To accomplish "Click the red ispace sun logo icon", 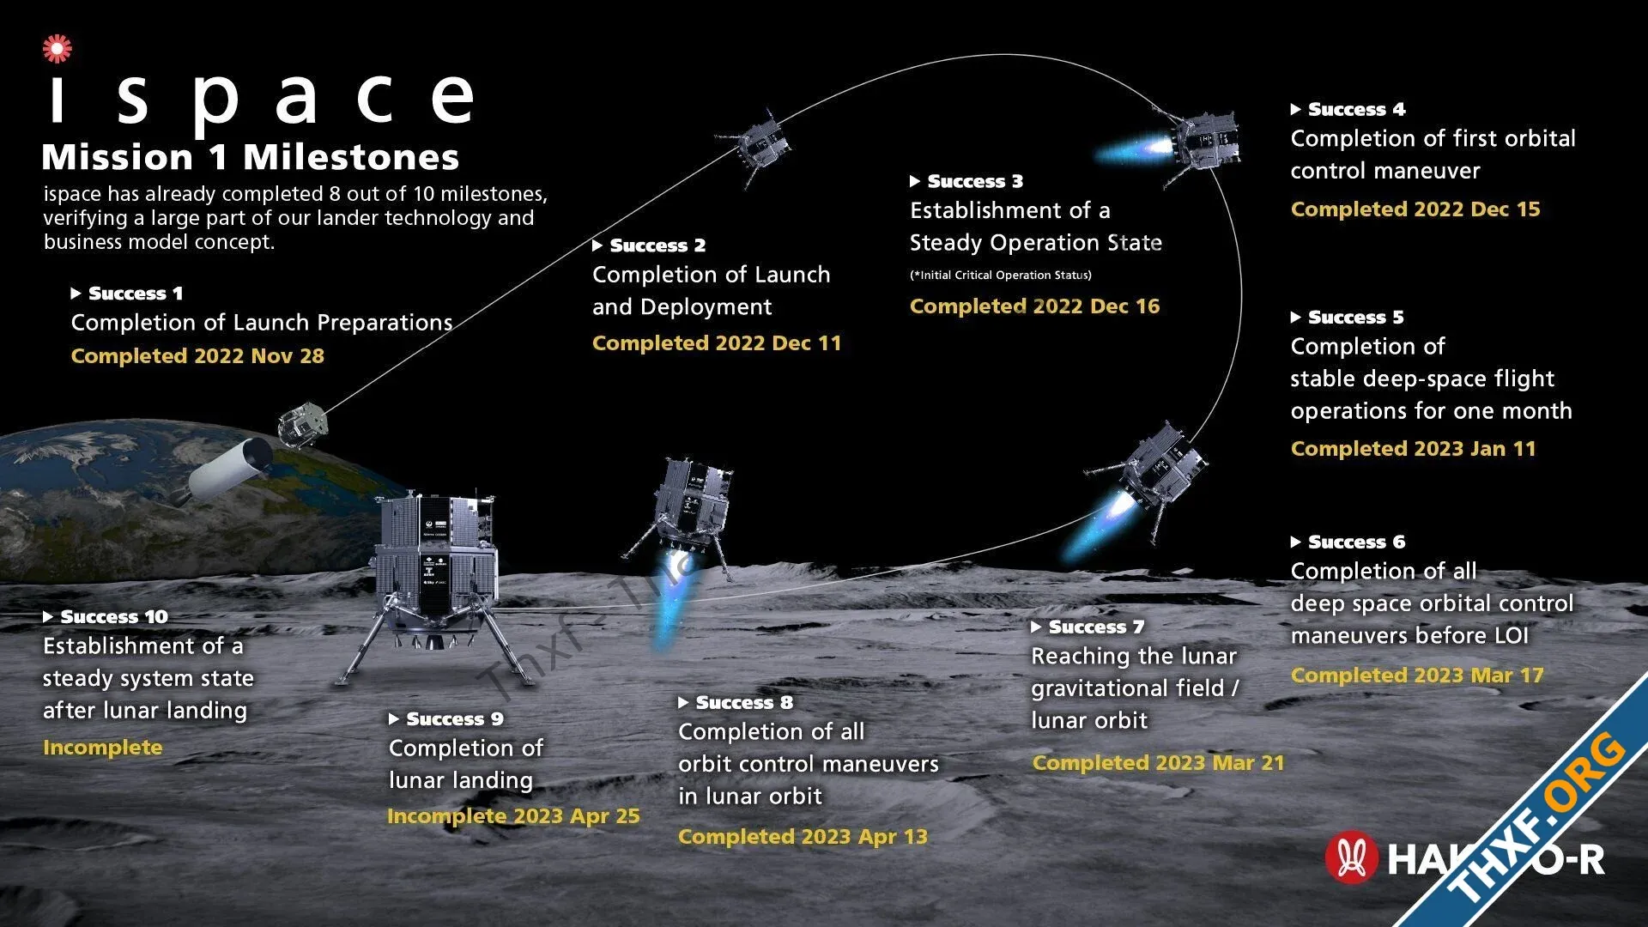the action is click(58, 48).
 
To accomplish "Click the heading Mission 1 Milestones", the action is click(251, 157).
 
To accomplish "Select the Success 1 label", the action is click(127, 294).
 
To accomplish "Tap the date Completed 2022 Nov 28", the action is click(197, 355).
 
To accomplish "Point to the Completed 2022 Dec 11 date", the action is click(717, 342).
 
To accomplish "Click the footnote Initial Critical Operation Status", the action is click(1001, 275).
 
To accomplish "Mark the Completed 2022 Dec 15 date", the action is click(1415, 209).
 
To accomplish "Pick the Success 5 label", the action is click(1348, 317).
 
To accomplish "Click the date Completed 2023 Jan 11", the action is click(1414, 448).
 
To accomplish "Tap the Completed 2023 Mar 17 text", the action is click(1417, 675).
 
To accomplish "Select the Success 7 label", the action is click(1088, 627).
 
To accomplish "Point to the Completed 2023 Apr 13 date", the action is click(803, 836).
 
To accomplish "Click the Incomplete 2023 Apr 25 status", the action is click(513, 815).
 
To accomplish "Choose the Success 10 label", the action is click(106, 616).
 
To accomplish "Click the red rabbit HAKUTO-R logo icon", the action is click(1352, 857).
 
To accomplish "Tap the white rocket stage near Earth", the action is click(225, 470).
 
